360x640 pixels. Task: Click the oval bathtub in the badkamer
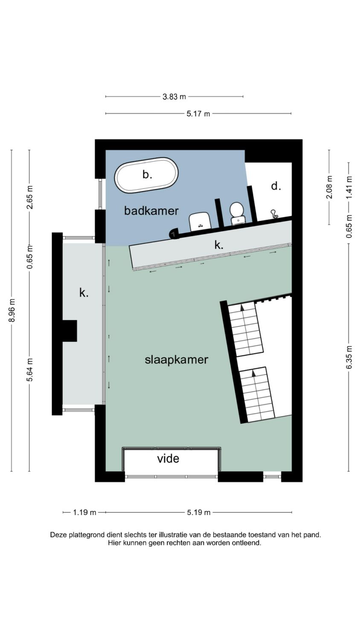coord(146,175)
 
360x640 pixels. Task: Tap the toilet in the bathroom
coord(237,213)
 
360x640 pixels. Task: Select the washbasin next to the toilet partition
coord(200,221)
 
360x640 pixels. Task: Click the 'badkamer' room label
coord(151,211)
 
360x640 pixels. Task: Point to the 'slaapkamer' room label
coord(176,360)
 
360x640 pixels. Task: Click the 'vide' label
coord(168,459)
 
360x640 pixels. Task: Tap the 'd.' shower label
coord(276,186)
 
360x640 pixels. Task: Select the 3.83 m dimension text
coord(174,97)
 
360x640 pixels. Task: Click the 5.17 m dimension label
coord(198,114)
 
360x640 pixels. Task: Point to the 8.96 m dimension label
coord(12,310)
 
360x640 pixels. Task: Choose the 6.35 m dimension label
coord(349,358)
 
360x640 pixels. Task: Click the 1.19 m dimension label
coord(84,512)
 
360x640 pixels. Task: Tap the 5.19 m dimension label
coord(199,512)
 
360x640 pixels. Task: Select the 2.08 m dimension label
coord(329,187)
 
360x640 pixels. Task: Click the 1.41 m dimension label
coord(349,187)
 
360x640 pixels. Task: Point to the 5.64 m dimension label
coord(29,370)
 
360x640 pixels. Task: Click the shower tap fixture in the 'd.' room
coord(274,213)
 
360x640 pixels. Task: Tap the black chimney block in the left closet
coord(70,331)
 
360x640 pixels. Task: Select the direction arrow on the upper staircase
coord(242,308)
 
